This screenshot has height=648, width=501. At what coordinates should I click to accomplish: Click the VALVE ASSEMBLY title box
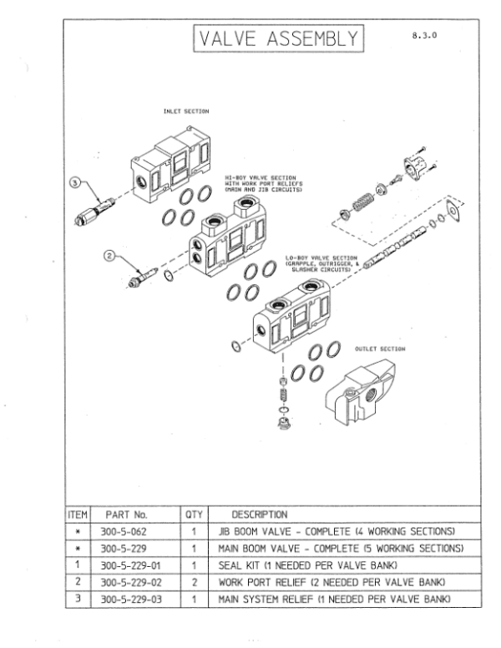click(x=279, y=39)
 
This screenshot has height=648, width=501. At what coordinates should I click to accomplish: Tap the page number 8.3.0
click(x=425, y=36)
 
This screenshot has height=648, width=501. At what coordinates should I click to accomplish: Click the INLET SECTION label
click(x=186, y=110)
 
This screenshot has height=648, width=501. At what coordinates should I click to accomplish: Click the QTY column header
click(x=193, y=514)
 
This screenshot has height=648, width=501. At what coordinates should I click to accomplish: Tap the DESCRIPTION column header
click(x=259, y=514)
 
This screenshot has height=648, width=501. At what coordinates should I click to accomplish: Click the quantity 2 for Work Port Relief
click(x=193, y=583)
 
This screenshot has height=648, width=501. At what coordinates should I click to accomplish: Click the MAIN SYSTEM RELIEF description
click(x=334, y=600)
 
